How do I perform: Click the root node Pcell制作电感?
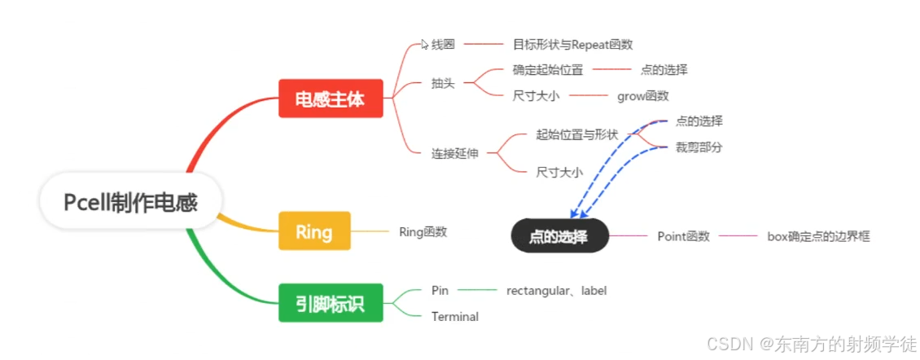pyautogui.click(x=130, y=201)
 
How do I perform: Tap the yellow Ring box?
pyautogui.click(x=314, y=231)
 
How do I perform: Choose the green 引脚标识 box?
pyautogui.click(x=330, y=303)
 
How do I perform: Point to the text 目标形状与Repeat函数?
pyautogui.click(x=572, y=44)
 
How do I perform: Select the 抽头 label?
pyautogui.click(x=443, y=83)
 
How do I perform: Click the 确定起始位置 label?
pyautogui.click(x=547, y=70)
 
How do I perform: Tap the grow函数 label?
pyautogui.click(x=642, y=96)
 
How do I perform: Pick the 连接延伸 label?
pyautogui.click(x=454, y=153)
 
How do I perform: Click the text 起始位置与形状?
pyautogui.click(x=577, y=134)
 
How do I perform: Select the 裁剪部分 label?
pyautogui.click(x=699, y=147)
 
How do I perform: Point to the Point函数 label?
pyautogui.click(x=683, y=237)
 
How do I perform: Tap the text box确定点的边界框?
pyautogui.click(x=818, y=237)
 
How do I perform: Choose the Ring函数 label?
pyautogui.click(x=423, y=231)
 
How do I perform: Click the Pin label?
pyautogui.click(x=440, y=290)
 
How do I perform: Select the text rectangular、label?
pyautogui.click(x=556, y=290)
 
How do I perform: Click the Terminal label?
pyautogui.click(x=454, y=316)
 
